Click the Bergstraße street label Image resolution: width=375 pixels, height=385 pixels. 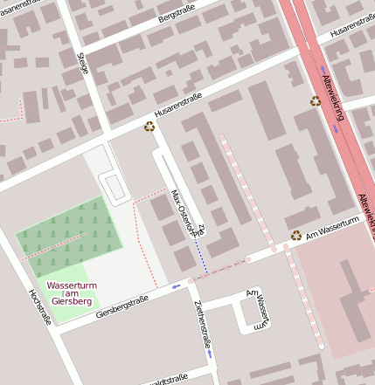176,17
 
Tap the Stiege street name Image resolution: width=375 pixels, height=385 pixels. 84,63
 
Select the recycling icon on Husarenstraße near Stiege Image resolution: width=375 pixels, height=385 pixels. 149,127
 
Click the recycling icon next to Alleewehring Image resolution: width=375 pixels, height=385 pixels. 316,101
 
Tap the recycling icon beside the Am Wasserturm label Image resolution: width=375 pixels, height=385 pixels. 296,235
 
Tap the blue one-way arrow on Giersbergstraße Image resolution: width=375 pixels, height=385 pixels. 177,285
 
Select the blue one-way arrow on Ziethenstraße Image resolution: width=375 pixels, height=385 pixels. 210,354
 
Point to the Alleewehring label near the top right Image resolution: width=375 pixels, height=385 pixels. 333,91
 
